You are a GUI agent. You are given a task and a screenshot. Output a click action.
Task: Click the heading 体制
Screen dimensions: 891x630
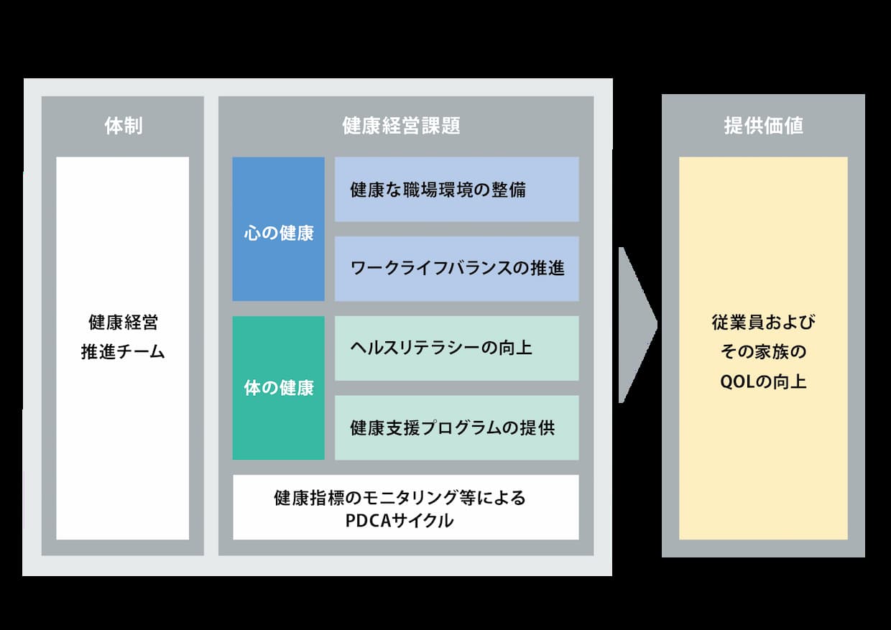point(124,126)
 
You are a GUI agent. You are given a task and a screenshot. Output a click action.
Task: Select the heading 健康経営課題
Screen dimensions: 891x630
point(401,126)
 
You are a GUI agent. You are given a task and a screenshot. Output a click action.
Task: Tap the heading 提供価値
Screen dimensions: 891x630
point(763,126)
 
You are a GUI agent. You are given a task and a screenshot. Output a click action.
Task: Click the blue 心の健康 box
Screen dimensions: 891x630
point(279,229)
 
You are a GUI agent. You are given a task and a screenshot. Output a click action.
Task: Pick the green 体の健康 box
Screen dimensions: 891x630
point(279,388)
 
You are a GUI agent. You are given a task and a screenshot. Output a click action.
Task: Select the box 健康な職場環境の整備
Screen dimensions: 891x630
point(457,190)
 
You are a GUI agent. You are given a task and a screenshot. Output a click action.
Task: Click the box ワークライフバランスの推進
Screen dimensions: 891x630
point(457,269)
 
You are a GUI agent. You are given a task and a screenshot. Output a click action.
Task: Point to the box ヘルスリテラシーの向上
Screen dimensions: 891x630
point(457,348)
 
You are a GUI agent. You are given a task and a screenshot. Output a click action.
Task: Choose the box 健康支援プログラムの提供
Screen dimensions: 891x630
point(457,427)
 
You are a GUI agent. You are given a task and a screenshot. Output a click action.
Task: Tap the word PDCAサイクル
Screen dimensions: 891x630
point(400,521)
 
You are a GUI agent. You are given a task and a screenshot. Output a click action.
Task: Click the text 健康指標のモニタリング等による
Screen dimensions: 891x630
point(400,498)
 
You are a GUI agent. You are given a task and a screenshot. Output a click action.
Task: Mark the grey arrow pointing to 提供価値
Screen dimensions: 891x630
point(637,325)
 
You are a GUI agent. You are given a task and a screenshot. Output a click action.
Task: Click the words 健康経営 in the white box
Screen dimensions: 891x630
point(124,322)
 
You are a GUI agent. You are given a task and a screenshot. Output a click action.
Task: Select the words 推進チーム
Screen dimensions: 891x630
point(123,352)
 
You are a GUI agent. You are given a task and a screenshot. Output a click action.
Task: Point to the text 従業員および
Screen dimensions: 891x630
point(763,322)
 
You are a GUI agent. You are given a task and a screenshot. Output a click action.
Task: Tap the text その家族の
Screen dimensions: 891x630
point(763,352)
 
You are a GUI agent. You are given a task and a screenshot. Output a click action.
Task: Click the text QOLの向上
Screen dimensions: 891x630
point(763,382)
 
